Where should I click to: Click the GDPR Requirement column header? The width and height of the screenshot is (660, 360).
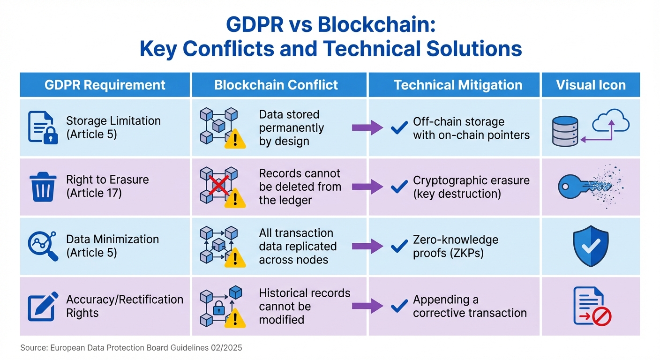[105, 85]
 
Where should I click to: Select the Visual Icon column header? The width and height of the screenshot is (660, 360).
[591, 85]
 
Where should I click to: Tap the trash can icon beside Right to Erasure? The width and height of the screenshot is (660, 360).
[43, 186]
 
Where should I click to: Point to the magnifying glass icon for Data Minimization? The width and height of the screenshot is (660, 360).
[43, 246]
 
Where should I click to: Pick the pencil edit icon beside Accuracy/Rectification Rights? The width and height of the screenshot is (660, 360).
[43, 306]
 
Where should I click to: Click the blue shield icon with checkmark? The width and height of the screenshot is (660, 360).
[591, 246]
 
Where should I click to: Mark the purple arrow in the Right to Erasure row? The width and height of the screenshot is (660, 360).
[367, 186]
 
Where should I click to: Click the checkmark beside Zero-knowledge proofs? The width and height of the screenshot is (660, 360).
[399, 246]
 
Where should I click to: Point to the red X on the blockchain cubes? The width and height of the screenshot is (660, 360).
[216, 186]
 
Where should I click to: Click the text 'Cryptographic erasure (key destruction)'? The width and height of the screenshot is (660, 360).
[471, 187]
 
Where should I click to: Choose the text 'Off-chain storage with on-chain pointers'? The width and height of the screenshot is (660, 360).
[471, 128]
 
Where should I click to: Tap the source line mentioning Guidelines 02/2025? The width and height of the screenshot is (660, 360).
[131, 348]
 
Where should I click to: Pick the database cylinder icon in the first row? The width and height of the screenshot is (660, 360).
[565, 127]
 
